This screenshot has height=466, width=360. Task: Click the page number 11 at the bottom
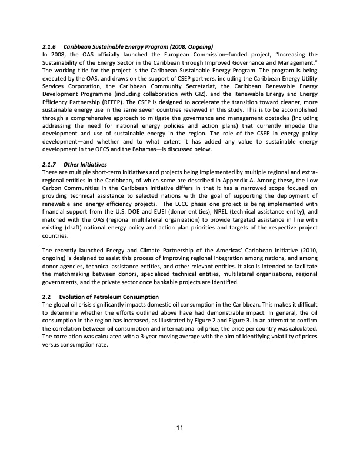[x=180, y=428]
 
